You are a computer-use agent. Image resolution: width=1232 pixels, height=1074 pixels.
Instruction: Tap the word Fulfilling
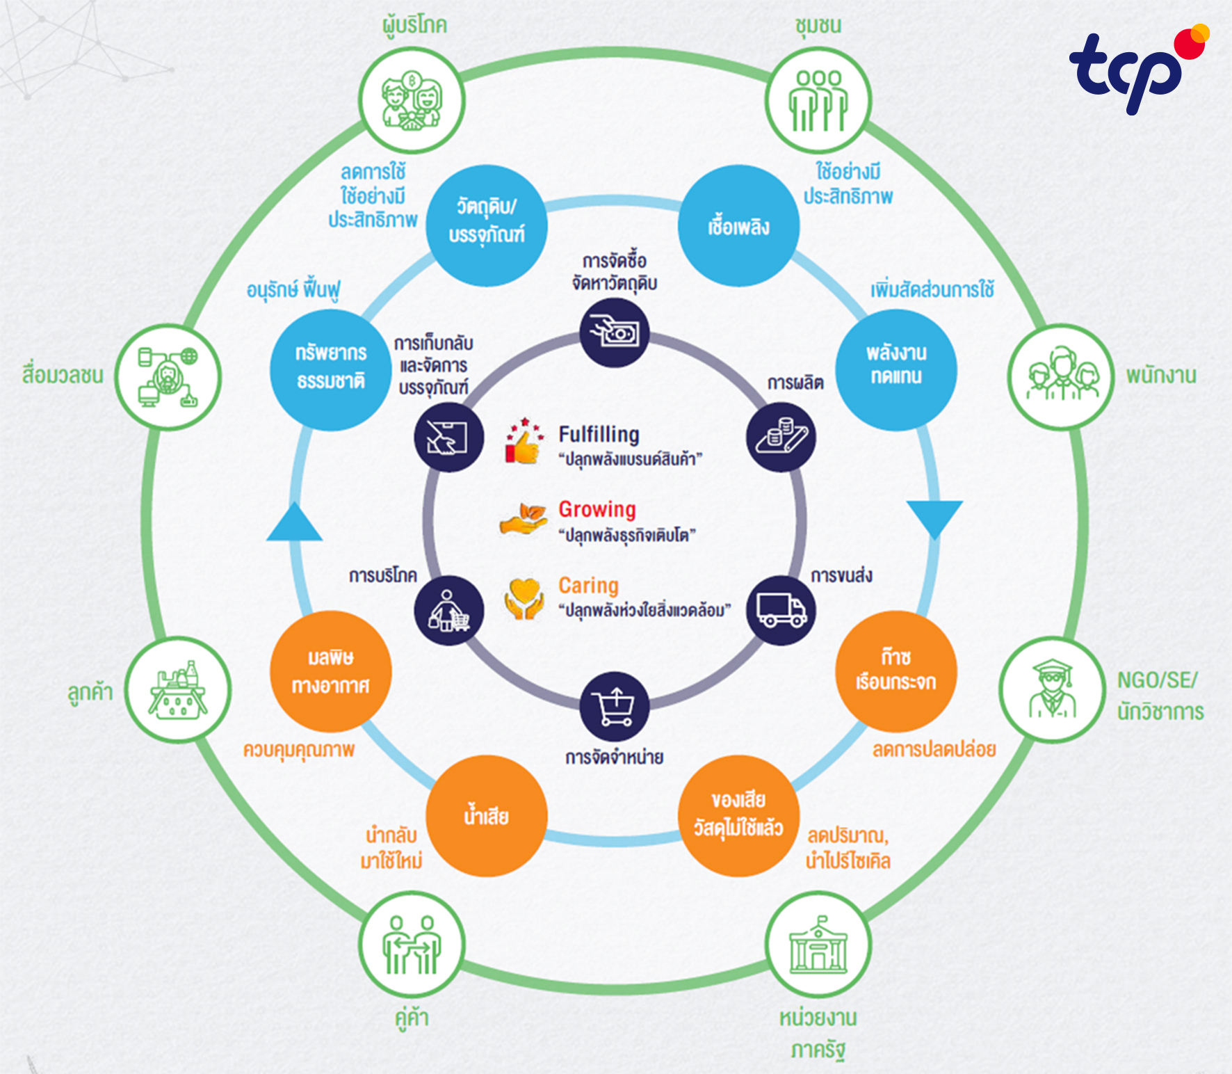[x=599, y=435]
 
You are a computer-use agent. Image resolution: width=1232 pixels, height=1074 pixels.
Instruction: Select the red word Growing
[x=597, y=509]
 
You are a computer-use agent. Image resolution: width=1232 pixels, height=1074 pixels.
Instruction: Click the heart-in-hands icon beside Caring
[x=524, y=599]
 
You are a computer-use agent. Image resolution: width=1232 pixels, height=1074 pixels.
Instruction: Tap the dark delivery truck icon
[x=781, y=610]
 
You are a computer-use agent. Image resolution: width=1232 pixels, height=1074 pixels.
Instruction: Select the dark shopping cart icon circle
[x=615, y=707]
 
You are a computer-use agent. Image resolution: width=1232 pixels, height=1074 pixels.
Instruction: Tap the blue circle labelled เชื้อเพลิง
[x=738, y=226]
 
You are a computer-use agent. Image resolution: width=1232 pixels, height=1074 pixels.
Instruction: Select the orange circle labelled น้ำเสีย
[x=487, y=816]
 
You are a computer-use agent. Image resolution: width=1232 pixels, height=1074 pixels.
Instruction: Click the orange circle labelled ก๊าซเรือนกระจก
[x=896, y=671]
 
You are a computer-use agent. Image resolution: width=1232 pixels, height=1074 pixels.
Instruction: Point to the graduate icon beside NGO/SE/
[x=1053, y=689]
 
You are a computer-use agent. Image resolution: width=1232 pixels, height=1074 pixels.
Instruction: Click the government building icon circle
[x=818, y=945]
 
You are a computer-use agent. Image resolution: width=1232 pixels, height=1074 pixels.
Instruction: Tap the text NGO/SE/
[x=1158, y=680]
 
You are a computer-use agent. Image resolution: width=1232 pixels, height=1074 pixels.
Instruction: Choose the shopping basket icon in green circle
[x=178, y=689]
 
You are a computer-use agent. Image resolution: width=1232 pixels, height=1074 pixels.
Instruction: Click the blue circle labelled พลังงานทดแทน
[x=896, y=369]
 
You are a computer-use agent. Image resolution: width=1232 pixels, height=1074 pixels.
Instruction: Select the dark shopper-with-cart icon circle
[x=449, y=610]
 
